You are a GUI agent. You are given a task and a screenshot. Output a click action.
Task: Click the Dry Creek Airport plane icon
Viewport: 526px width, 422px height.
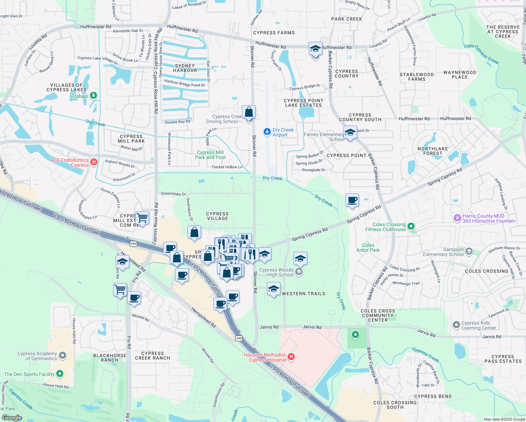tap(267, 132)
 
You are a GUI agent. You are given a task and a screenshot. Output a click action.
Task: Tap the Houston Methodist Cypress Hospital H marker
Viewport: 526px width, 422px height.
tap(291, 357)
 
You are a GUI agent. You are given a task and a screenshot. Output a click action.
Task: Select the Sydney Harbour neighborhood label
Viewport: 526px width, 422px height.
tap(185, 68)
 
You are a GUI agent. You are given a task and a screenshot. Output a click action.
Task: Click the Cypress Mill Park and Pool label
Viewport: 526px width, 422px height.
tap(210, 155)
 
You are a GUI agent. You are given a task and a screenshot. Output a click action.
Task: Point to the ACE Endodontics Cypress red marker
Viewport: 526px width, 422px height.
tap(94, 162)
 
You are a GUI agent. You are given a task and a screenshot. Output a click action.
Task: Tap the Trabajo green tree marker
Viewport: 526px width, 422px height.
tap(93, 95)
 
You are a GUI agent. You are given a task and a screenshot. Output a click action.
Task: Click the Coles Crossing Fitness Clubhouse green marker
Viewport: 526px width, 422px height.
tap(411, 226)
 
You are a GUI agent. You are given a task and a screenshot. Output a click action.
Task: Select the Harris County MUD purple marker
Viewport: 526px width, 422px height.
tap(457, 218)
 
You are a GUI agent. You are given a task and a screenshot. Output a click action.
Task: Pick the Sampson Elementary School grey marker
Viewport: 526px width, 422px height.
tap(469, 251)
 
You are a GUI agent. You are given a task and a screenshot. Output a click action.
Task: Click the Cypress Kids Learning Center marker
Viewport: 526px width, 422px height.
tap(456, 325)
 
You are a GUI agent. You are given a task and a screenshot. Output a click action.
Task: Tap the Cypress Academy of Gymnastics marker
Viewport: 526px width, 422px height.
tap(63, 356)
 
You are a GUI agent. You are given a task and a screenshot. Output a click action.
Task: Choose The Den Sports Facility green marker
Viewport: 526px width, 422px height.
tap(60, 373)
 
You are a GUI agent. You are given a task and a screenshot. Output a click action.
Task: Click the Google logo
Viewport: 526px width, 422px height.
tap(12, 417)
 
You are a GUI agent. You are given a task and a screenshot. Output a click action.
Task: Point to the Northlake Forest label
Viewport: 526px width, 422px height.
tap(433, 151)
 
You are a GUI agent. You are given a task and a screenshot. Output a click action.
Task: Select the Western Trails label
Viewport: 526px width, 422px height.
tap(303, 294)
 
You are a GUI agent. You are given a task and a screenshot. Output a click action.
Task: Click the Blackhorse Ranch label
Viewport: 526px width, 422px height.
tap(110, 358)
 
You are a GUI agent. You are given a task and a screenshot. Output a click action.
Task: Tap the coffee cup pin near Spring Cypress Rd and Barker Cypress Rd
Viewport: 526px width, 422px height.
tap(352, 200)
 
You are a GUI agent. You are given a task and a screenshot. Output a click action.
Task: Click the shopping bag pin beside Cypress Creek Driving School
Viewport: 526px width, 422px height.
tap(249, 112)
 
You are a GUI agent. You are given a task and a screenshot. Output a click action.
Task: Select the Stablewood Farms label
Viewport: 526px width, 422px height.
tap(417, 77)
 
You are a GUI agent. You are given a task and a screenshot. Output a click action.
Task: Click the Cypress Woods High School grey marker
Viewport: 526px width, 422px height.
tap(299, 272)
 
